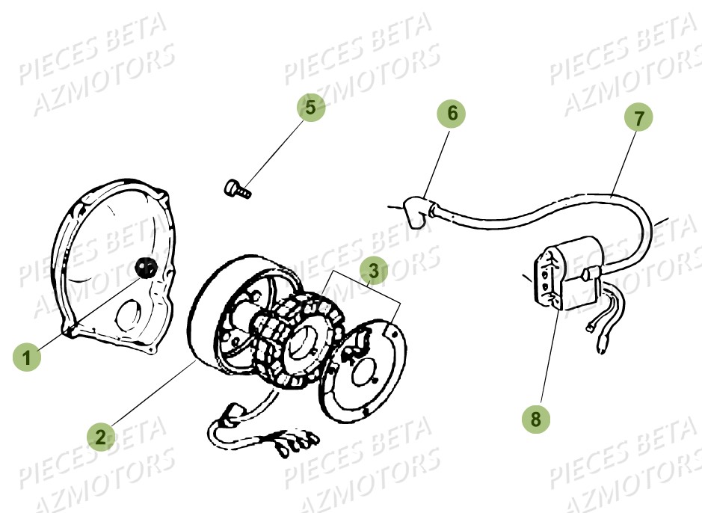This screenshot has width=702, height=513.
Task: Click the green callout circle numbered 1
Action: click(x=28, y=357)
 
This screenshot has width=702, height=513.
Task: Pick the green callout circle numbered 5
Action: click(x=310, y=106)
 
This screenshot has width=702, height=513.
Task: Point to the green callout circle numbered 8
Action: click(x=535, y=419)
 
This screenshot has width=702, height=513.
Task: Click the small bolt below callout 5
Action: click(x=237, y=187)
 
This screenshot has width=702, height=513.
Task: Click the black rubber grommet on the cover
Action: click(x=145, y=266)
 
